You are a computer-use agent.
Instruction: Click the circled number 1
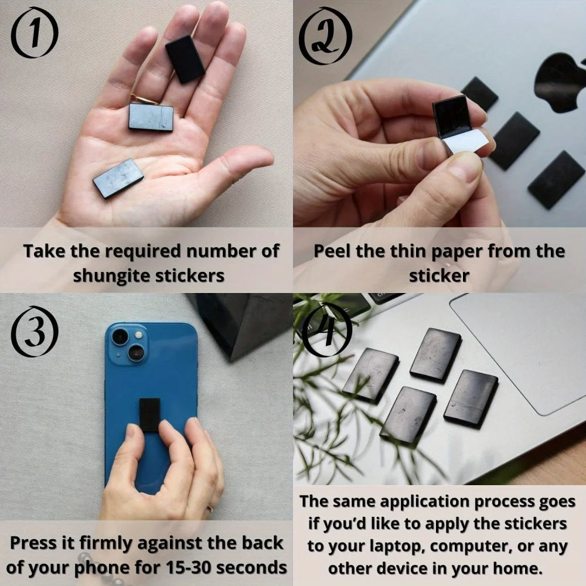[x=35, y=34]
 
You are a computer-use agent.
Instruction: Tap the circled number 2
[x=325, y=35]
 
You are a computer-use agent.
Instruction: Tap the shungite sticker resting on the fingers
[x=185, y=59]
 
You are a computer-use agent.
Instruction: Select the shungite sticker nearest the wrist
[x=118, y=178]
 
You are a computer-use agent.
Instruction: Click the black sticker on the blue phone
[x=150, y=413]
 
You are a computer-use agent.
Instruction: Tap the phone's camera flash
[x=139, y=335]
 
